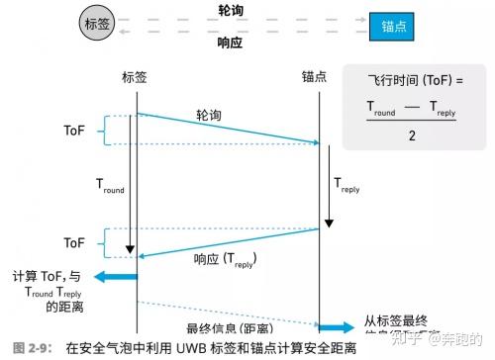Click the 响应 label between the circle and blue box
(x=233, y=44)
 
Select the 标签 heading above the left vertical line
(x=136, y=76)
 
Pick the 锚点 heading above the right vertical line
(x=318, y=76)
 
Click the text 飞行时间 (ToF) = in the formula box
(x=413, y=81)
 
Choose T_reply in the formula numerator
(x=442, y=106)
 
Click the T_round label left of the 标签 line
(x=111, y=185)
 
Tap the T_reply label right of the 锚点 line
(x=349, y=185)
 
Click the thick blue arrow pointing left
(x=115, y=278)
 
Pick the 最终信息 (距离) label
(x=229, y=327)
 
